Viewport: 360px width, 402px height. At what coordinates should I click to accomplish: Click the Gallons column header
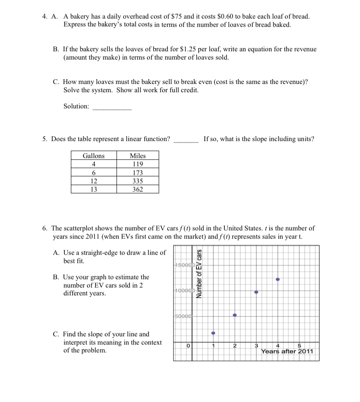click(x=93, y=156)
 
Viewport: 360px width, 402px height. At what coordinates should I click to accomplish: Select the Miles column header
click(x=138, y=156)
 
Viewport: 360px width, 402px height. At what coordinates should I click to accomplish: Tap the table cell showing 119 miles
click(x=138, y=164)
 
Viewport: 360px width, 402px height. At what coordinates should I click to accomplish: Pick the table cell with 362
click(x=138, y=189)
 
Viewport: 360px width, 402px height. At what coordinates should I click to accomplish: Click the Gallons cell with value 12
click(x=93, y=181)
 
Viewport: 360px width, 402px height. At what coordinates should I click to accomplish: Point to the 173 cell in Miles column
click(x=138, y=173)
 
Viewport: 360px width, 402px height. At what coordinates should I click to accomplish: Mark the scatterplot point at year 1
click(x=213, y=333)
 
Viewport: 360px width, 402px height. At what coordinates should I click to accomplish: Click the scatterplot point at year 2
click(x=235, y=315)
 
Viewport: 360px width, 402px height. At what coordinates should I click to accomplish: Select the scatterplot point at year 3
click(x=256, y=292)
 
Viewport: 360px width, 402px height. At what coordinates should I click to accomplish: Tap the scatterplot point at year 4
click(x=278, y=279)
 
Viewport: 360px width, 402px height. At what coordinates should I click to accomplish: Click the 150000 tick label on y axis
click(x=183, y=265)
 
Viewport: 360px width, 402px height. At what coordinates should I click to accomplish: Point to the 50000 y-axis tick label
click(x=183, y=316)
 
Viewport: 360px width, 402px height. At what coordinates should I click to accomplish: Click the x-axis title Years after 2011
click(x=287, y=352)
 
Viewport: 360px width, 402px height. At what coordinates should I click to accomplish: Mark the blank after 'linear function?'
click(x=186, y=140)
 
